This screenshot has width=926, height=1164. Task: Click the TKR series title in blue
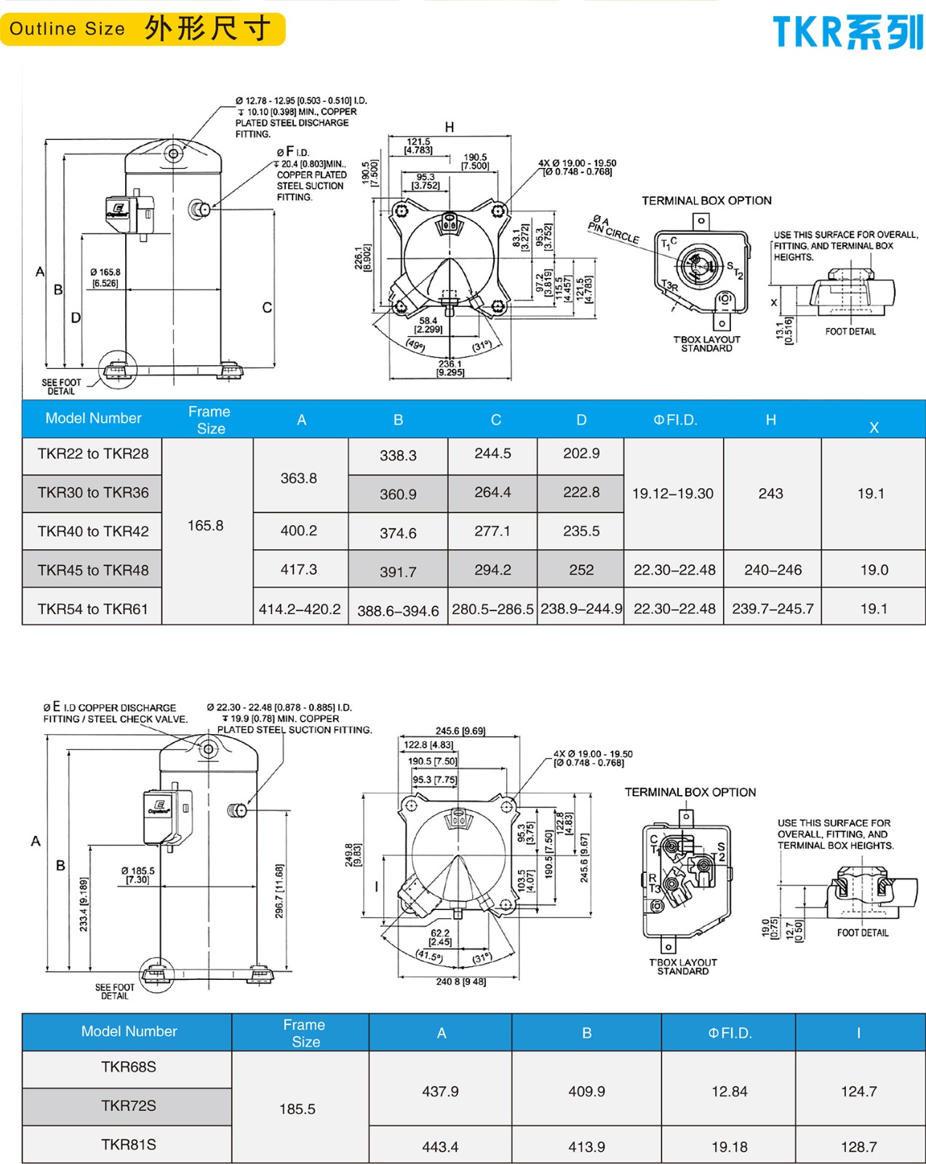tap(847, 33)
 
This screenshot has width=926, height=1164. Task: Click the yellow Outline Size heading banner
tap(143, 29)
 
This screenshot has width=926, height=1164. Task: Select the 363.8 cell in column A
tap(299, 478)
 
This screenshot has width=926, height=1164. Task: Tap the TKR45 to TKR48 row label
tap(93, 570)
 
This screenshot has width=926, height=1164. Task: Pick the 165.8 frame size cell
tap(206, 525)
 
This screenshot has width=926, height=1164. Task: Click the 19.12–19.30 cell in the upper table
tap(673, 493)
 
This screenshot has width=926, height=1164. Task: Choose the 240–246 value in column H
tap(773, 570)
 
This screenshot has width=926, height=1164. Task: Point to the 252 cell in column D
tap(581, 570)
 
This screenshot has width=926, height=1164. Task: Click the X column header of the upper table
tap(874, 428)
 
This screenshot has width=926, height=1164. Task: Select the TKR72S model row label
tap(129, 1106)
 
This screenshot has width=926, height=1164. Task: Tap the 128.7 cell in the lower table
tap(859, 1147)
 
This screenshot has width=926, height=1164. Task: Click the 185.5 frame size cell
tap(298, 1109)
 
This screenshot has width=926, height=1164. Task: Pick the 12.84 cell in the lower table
tap(730, 1091)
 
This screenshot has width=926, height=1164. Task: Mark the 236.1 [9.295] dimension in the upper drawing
tap(450, 368)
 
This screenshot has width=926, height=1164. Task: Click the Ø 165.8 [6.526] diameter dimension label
tap(105, 278)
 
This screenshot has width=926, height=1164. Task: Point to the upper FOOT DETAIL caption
tap(850, 332)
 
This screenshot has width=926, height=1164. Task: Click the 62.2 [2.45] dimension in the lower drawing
tap(440, 937)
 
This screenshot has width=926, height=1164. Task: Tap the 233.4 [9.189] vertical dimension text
tap(84, 904)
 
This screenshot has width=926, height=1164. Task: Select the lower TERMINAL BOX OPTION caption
tap(690, 792)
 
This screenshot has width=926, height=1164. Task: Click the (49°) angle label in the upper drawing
tap(415, 345)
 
